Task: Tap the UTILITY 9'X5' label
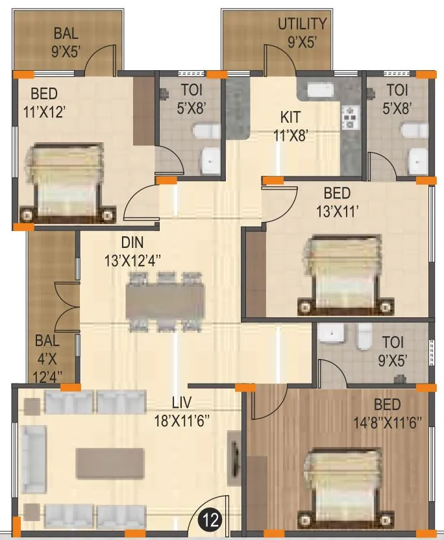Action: pyautogui.click(x=302, y=32)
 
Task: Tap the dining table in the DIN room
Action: pyautogui.click(x=166, y=302)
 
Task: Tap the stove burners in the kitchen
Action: pyautogui.click(x=351, y=117)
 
